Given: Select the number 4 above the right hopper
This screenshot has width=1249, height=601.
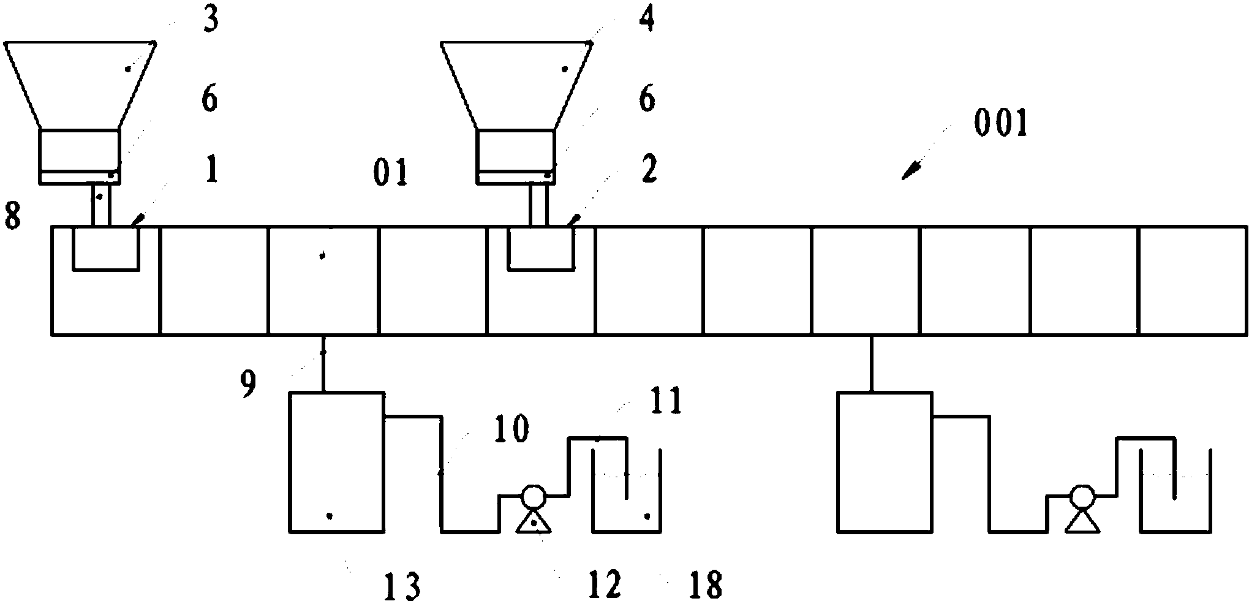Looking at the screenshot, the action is [647, 20].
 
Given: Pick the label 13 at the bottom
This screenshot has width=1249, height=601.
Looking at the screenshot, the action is [402, 586].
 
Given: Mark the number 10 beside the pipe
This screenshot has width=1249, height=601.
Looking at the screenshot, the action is [511, 429].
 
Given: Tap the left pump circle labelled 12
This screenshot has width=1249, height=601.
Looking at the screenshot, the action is [532, 496].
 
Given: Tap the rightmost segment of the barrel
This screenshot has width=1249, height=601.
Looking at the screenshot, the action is [1193, 281].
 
